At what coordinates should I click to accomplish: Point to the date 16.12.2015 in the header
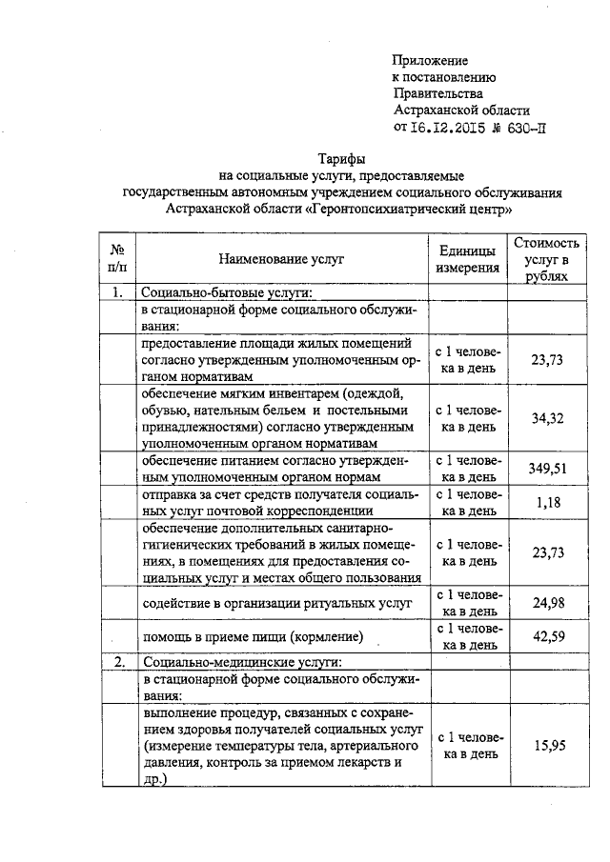tap(448, 127)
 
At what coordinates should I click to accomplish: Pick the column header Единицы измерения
tap(468, 258)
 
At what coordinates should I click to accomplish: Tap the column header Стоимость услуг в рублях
tap(547, 258)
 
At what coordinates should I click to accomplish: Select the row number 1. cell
tap(117, 293)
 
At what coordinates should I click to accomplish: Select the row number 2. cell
tap(117, 660)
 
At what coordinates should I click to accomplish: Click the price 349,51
tap(547, 468)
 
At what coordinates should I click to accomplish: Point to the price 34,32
tap(547, 417)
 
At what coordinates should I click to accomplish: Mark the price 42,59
tap(547, 636)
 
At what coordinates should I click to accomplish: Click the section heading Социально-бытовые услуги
tap(228, 293)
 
